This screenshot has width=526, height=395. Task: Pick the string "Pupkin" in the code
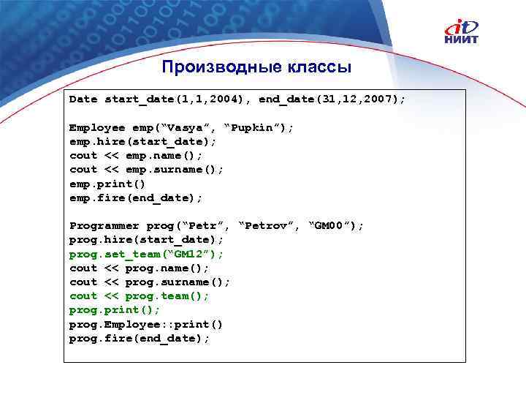259,127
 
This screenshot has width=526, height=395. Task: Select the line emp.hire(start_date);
143,141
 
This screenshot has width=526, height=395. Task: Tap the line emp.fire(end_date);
136,197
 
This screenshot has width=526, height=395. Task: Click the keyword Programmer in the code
104,225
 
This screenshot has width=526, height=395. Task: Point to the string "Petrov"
270,225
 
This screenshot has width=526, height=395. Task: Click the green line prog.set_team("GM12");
146,254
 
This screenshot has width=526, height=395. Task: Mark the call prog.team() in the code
167,296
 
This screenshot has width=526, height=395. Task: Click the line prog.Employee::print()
146,324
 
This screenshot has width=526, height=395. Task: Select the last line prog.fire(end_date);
140,338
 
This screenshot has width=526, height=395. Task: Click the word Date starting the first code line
83,99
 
